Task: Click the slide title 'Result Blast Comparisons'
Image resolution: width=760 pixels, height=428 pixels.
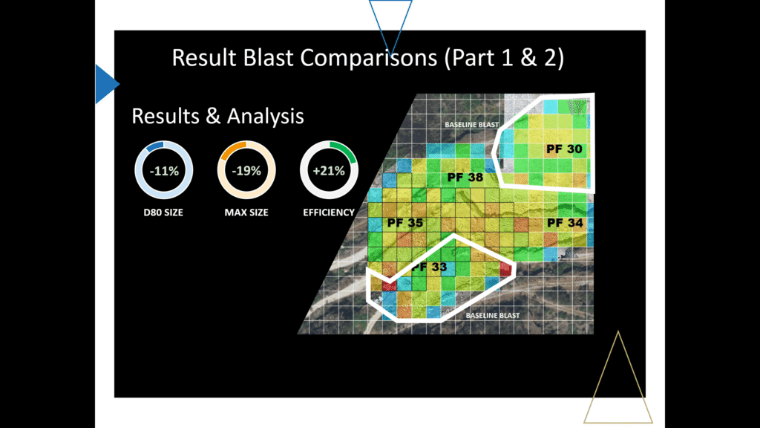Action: tap(367, 58)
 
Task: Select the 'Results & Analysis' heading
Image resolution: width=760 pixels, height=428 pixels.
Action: tap(217, 117)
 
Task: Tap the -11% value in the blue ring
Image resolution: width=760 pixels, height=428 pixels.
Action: tap(163, 171)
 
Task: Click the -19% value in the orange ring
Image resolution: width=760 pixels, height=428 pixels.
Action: tap(246, 171)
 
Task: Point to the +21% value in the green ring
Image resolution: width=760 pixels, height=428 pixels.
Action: tap(329, 171)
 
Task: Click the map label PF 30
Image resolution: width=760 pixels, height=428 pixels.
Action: tap(564, 149)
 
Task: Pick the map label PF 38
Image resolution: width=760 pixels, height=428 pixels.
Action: tap(465, 178)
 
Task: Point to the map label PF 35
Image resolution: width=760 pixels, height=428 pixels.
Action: tap(405, 223)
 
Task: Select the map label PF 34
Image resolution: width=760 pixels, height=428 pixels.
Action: tap(565, 222)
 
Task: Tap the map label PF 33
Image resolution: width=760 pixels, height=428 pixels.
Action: tap(429, 266)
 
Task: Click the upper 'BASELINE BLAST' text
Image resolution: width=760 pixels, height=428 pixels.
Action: tap(471, 125)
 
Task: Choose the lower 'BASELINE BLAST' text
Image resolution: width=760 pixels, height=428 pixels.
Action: tap(493, 315)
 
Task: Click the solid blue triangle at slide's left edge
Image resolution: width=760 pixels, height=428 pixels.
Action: tap(105, 82)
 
